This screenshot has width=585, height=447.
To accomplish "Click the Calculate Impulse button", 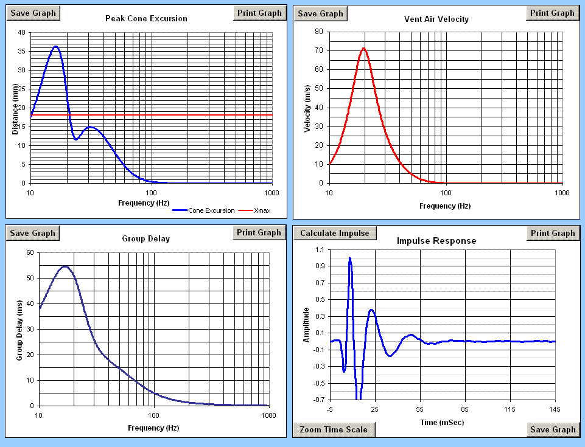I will point(335,233).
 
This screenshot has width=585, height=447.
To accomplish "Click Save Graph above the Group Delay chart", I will point(33,233).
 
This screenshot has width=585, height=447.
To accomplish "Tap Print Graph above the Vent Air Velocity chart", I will point(552,13).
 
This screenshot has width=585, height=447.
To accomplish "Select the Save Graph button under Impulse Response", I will point(552,429).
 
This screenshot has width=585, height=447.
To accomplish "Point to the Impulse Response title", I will point(436,241).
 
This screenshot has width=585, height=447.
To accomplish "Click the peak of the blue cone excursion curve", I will point(55,46).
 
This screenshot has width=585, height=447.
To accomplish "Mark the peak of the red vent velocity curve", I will point(363,48).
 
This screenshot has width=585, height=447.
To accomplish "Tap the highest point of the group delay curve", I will point(65,266).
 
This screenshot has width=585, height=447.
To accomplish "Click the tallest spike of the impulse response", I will point(350,258).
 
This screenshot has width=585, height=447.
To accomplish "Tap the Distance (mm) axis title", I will point(15,109).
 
